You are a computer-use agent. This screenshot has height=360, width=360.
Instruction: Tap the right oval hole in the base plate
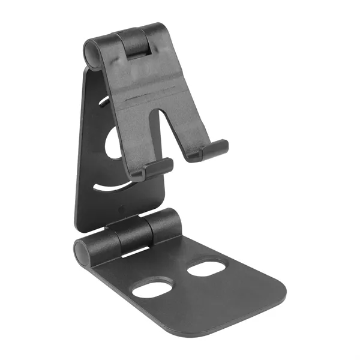(x=206, y=268)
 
